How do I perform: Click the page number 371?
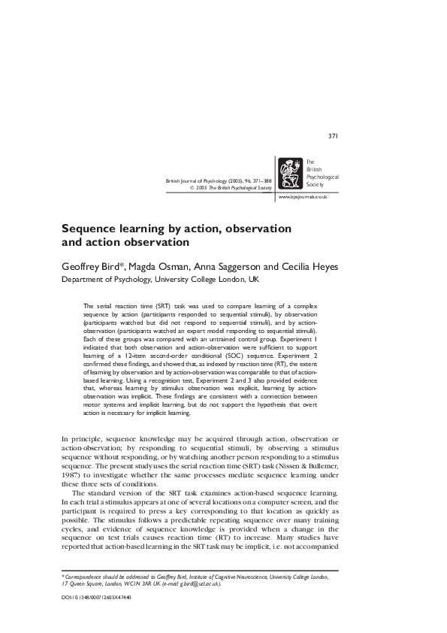click(334, 136)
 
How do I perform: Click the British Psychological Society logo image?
click(290, 174)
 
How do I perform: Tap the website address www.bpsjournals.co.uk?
click(302, 196)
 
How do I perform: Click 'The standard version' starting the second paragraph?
click(107, 493)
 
